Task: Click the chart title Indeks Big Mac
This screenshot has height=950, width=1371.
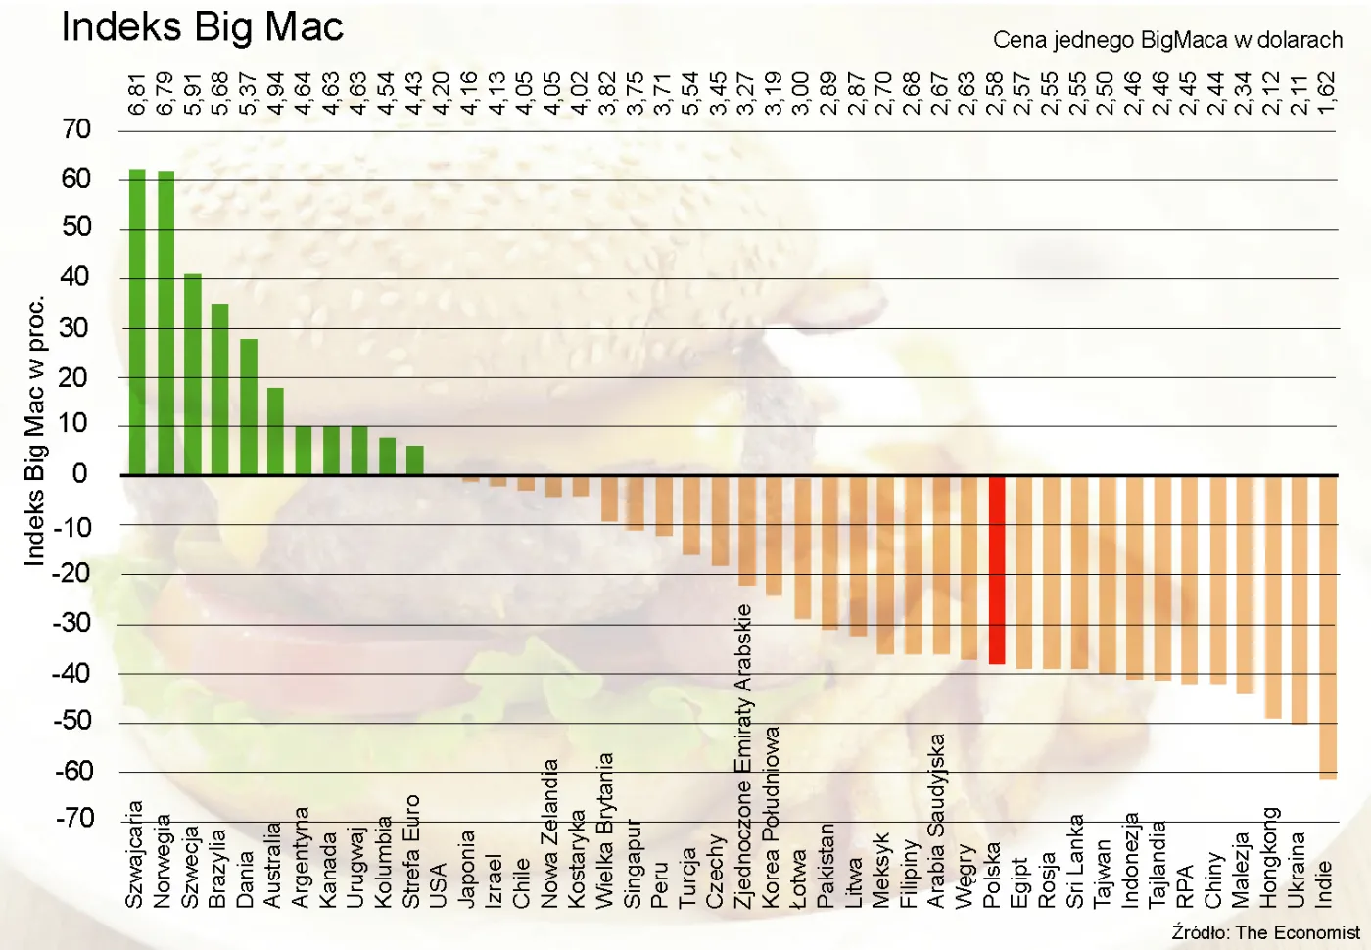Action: pyautogui.click(x=202, y=27)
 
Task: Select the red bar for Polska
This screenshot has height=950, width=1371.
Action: pyautogui.click(x=997, y=570)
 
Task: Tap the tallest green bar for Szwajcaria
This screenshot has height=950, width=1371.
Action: pyautogui.click(x=137, y=323)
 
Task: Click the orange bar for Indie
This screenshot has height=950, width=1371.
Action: pyautogui.click(x=1328, y=627)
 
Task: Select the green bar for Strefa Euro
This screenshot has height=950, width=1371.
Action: pyautogui.click(x=415, y=460)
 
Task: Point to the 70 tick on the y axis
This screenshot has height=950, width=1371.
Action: pyautogui.click(x=75, y=129)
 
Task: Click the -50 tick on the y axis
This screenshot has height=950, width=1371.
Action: pyautogui.click(x=72, y=722)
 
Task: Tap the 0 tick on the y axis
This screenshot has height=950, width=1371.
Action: pyautogui.click(x=80, y=474)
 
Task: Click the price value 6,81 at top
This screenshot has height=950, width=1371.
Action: pyautogui.click(x=137, y=94)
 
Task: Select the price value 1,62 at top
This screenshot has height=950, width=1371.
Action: pyautogui.click(x=1327, y=94)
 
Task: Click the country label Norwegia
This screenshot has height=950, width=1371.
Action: pyautogui.click(x=163, y=861)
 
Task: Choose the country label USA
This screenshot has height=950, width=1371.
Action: pyautogui.click(x=439, y=885)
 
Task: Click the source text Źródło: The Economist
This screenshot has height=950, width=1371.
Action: pyautogui.click(x=1265, y=932)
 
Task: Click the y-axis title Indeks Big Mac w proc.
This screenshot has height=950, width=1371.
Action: pyautogui.click(x=35, y=431)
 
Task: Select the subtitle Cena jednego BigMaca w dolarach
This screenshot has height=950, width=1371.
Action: pyautogui.click(x=1167, y=40)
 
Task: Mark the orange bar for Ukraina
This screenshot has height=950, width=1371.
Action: pyautogui.click(x=1300, y=599)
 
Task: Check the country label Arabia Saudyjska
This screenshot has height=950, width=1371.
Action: pyautogui.click(x=936, y=821)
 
